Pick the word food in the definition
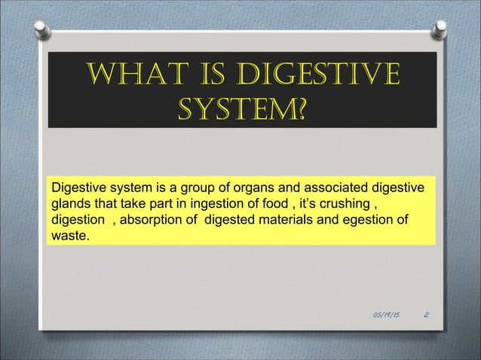click(271, 204)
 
